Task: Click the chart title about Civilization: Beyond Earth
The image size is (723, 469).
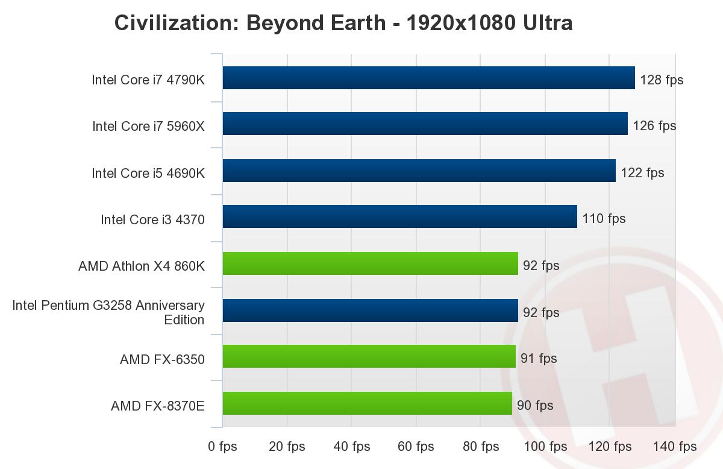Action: click(x=343, y=23)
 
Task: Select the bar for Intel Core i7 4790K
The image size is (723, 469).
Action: click(x=428, y=78)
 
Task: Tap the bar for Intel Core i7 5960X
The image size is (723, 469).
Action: click(x=425, y=124)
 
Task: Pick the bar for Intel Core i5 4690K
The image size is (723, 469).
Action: click(x=419, y=171)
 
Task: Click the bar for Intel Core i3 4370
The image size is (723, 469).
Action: click(x=399, y=216)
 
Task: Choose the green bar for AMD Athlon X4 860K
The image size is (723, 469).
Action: click(x=370, y=263)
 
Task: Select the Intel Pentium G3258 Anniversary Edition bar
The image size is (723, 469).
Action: click(x=370, y=310)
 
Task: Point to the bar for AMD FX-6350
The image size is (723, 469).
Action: click(x=369, y=356)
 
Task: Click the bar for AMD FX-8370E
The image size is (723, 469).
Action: click(x=367, y=403)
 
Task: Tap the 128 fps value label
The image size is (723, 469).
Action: click(x=662, y=80)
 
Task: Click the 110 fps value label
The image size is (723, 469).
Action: click(x=604, y=218)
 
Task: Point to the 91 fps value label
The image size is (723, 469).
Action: click(x=539, y=359)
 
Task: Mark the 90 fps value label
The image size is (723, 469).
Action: click(x=535, y=405)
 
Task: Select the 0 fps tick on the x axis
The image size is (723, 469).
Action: click(x=222, y=447)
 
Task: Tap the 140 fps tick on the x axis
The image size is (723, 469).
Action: click(x=675, y=447)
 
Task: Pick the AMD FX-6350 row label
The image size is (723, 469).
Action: click(x=162, y=360)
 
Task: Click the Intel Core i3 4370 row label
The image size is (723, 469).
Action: click(x=152, y=220)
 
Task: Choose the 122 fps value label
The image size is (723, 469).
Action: click(x=642, y=173)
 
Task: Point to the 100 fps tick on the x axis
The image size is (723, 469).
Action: click(x=545, y=447)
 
